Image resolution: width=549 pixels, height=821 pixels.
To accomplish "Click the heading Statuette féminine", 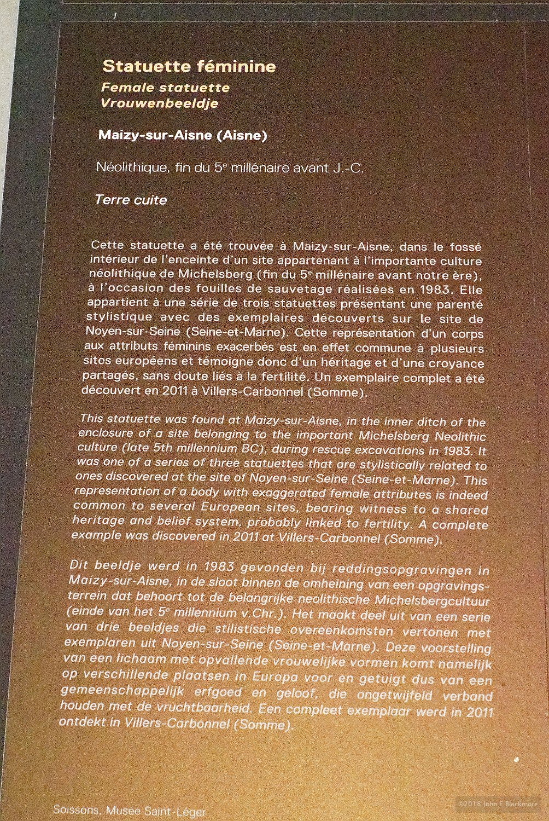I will point(189,67).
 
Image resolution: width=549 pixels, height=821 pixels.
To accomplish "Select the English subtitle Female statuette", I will point(165,88).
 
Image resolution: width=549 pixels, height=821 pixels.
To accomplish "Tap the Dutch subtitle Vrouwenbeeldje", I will point(160,103).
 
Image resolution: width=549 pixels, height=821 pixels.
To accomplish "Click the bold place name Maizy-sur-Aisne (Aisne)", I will point(183,135).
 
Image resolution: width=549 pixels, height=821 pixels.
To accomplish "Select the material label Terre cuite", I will point(131,200).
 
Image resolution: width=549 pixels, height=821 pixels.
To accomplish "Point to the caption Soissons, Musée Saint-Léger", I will point(129,811).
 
